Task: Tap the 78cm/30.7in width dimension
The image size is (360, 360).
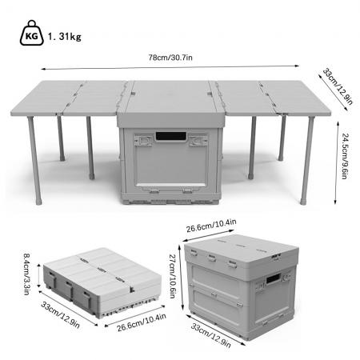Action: (x=180, y=57)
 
